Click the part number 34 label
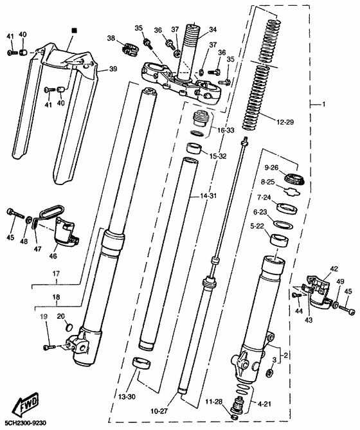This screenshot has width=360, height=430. tap(213, 29)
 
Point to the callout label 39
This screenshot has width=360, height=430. tap(113, 69)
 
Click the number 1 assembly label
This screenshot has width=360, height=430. tap(324, 103)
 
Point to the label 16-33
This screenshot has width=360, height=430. tap(225, 130)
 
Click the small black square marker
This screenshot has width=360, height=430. tap(73, 30)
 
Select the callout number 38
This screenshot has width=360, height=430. tap(112, 39)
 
